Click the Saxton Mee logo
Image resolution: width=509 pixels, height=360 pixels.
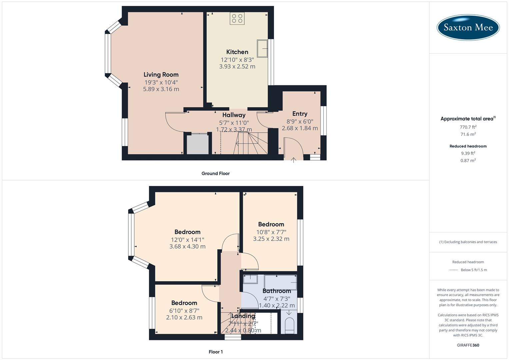468,27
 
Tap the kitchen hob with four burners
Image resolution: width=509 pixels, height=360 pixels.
237,18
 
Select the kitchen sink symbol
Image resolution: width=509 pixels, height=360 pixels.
262,48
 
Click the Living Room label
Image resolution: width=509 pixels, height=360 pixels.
161,75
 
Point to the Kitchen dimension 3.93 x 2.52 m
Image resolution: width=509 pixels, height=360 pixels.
237,67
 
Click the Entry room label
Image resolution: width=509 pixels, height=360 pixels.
300,114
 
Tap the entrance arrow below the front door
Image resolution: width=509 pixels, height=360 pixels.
293,160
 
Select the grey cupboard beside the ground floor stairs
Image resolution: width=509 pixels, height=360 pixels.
198,144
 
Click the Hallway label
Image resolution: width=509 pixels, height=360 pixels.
234,115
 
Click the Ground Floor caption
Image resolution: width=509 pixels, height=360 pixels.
215,173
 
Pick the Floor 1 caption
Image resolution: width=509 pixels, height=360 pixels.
216,352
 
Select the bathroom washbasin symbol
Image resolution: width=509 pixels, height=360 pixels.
250,279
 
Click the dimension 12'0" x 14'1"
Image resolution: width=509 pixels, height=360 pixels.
187,240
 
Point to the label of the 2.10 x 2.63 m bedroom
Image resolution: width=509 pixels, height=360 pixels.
184,303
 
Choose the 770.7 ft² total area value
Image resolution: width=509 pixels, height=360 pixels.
468,127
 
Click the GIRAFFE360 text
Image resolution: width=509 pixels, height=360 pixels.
468,345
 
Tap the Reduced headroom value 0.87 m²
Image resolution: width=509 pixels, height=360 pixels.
468,160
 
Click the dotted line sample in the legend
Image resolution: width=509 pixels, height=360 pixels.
453,270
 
